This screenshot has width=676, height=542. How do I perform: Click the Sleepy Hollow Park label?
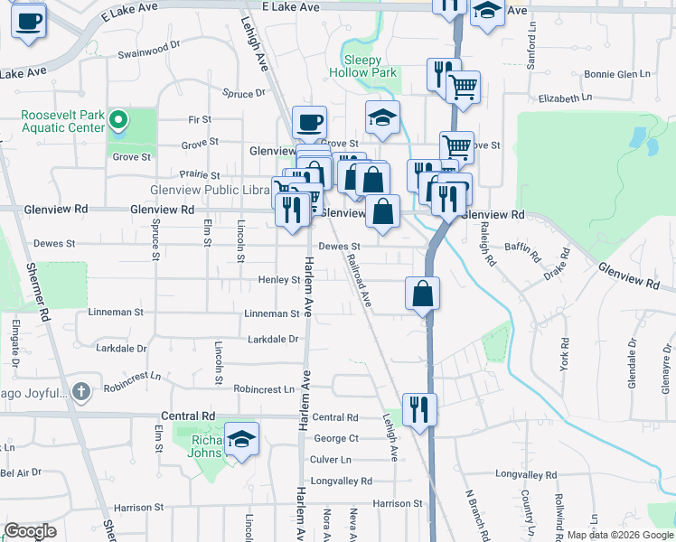362,65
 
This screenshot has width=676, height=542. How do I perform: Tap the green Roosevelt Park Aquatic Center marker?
117,120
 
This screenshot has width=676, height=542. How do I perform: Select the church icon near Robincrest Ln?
81,391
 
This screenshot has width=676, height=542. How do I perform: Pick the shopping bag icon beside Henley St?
423,293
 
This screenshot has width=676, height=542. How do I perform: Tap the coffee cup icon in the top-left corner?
29,20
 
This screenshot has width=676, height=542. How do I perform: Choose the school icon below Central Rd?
241,439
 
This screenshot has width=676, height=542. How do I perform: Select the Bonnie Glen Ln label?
617,74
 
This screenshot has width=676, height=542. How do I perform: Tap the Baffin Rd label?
521,242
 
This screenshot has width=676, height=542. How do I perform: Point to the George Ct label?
336,438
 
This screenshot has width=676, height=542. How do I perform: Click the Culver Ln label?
330,459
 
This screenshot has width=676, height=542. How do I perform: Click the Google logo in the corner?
30,531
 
